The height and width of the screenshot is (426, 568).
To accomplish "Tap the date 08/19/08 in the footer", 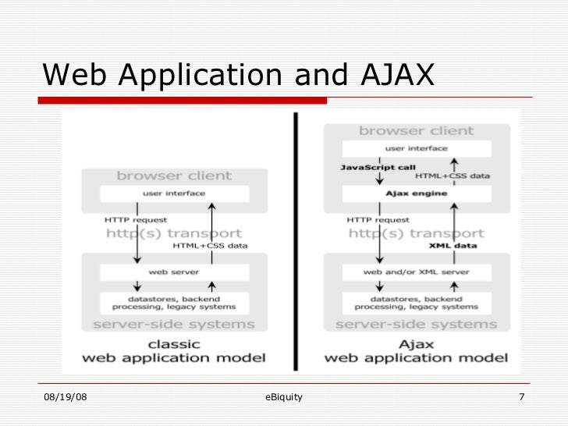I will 66,399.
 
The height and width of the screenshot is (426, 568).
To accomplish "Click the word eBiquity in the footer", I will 284,399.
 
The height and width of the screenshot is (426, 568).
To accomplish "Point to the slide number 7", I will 521,399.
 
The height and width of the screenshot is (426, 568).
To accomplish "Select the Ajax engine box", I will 417,193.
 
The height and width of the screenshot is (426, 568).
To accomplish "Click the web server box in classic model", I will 174,272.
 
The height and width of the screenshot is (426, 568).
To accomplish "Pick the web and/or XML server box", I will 417,272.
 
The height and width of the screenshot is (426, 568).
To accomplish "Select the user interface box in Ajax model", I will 417,147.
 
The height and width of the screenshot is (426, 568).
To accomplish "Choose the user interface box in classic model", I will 174,193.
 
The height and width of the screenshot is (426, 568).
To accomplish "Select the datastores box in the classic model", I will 174,304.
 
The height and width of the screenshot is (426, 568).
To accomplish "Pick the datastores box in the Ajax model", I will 417,304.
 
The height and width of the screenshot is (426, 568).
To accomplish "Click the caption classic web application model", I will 175,351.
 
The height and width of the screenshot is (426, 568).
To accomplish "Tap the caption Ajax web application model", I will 416,351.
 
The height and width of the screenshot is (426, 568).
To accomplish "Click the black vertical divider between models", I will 296,242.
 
